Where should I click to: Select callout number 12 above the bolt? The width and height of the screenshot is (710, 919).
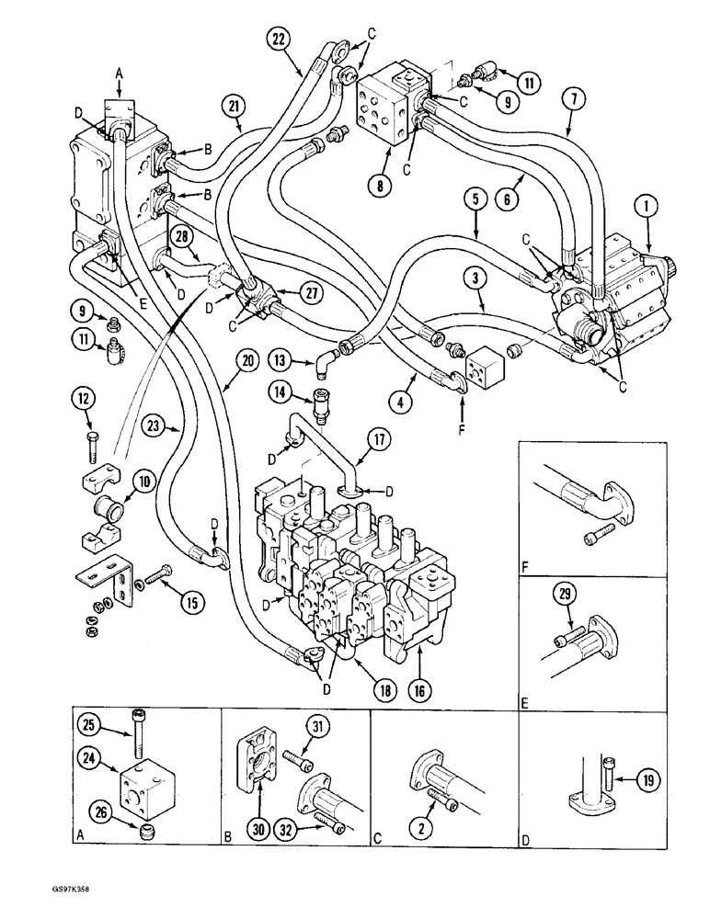(85, 397)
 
